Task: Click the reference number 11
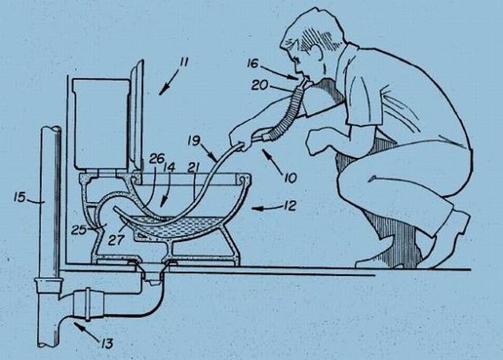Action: tap(183, 62)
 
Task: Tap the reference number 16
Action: tap(252, 64)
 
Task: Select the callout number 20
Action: tap(259, 86)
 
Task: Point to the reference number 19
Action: tap(194, 141)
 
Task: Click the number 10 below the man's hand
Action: tap(290, 178)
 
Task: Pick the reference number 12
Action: tap(290, 206)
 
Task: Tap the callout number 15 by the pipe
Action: tap(20, 197)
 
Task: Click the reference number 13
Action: tap(107, 343)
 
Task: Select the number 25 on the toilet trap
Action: tap(79, 230)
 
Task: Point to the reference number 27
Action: tap(116, 240)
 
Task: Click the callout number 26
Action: tap(157, 159)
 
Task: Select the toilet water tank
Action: tap(101, 123)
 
